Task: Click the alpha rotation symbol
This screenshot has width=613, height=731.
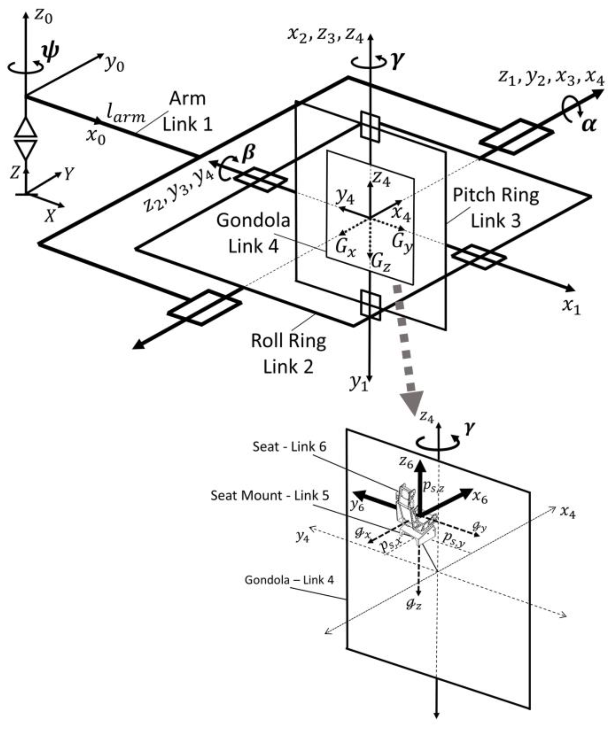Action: coord(589,125)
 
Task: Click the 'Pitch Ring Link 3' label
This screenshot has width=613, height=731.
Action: coord(495,208)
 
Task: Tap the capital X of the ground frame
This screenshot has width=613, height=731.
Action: coord(51,216)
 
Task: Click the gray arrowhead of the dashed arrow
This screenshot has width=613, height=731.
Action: coord(412,401)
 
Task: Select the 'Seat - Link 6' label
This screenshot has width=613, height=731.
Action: coord(289,447)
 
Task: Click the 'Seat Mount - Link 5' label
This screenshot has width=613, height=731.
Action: coord(270,495)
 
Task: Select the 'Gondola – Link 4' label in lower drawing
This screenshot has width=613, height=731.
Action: coord(289,580)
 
